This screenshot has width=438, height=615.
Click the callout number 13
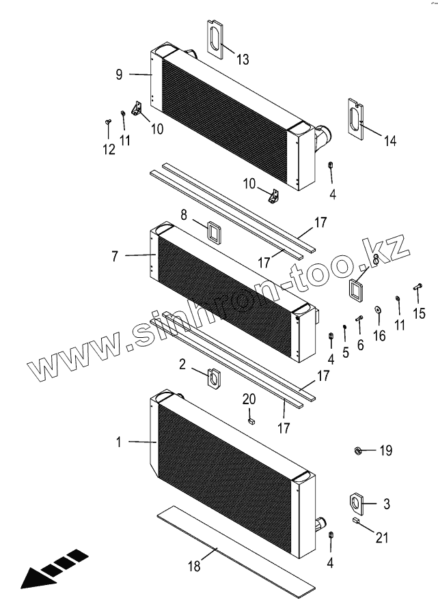coord(243,60)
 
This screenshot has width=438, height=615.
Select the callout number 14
coord(389,141)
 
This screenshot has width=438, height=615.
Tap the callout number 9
coord(119,74)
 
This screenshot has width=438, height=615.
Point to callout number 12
coord(109,149)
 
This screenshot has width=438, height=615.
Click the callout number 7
coord(115,256)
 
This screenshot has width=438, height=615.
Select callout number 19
coord(386,450)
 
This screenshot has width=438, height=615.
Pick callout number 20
coord(250,399)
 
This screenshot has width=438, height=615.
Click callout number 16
coord(380,335)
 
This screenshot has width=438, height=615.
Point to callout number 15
coord(419,313)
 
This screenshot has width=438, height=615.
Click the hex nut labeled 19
coord(357,450)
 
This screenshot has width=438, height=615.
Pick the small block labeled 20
coord(251,421)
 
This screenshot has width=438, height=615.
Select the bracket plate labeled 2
coord(214,376)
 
